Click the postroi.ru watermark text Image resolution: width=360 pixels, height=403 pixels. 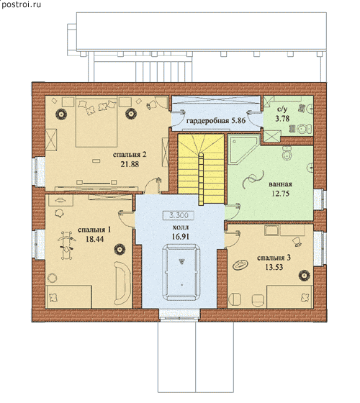21,4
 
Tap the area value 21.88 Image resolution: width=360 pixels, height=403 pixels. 130,164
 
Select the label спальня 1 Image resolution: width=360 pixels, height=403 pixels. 94,230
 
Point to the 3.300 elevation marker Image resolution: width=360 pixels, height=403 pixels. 179,215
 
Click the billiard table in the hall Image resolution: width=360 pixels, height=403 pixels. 181,273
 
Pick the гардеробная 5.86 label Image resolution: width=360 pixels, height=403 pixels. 216,121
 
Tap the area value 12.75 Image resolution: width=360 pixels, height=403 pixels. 280,194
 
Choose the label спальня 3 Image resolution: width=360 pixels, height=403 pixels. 274,258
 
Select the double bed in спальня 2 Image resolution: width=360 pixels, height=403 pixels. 96,122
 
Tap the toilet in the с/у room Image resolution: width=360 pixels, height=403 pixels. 305,129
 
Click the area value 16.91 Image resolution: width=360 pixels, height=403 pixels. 181,237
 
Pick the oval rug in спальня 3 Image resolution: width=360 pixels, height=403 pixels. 240,265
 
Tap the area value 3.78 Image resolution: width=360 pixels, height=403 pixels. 282,119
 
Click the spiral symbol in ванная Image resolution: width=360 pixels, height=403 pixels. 253,179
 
